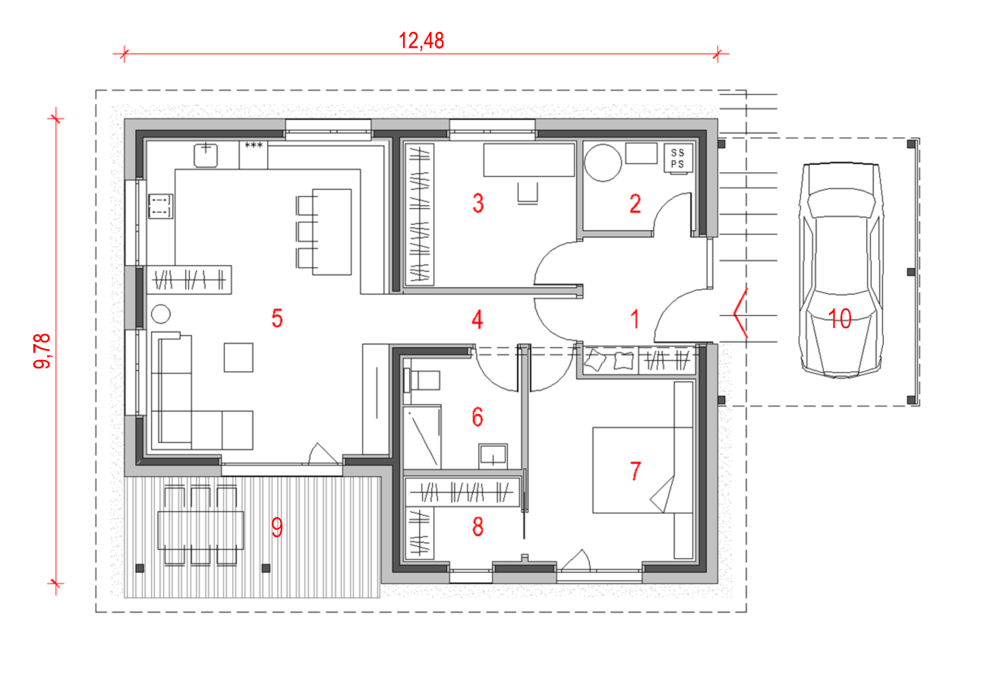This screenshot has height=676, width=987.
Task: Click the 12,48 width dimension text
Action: pyautogui.click(x=421, y=40)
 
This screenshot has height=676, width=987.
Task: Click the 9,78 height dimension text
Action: pyautogui.click(x=43, y=351)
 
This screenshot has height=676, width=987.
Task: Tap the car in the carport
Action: pyautogui.click(x=841, y=270)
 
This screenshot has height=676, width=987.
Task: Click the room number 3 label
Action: pyautogui.click(x=478, y=203)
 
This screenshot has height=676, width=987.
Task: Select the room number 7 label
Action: pyautogui.click(x=635, y=471)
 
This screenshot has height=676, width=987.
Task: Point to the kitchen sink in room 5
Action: pyautogui.click(x=206, y=155)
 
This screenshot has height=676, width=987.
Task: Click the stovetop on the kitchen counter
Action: pyautogui.click(x=160, y=207)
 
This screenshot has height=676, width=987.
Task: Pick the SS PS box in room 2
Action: pyautogui.click(x=678, y=158)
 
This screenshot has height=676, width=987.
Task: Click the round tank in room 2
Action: pyautogui.click(x=603, y=163)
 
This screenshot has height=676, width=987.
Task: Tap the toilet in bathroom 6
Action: pyautogui.click(x=422, y=381)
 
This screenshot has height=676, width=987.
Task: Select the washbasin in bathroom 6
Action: pyautogui.click(x=493, y=456)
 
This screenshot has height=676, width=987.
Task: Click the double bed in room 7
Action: pyautogui.click(x=642, y=469)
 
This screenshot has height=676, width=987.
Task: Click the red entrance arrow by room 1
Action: pyautogui.click(x=741, y=314)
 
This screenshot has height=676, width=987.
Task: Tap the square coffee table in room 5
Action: pyautogui.click(x=238, y=358)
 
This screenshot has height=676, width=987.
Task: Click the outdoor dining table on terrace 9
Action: pyautogui.click(x=200, y=530)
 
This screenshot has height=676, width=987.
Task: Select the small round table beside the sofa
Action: pyautogui.click(x=161, y=314)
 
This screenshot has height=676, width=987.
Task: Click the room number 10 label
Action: pyautogui.click(x=840, y=318)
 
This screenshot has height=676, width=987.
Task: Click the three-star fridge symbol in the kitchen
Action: pyautogui.click(x=254, y=145)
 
